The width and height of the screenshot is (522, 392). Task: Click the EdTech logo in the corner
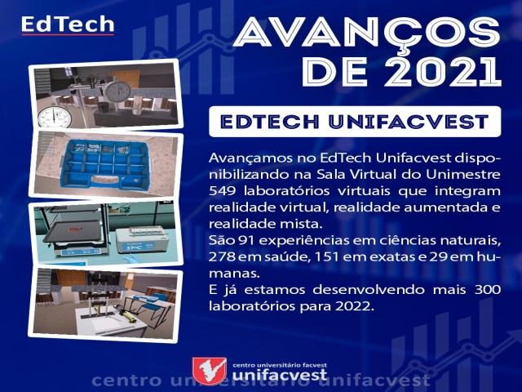68,25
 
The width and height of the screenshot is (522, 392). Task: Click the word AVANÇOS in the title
367,33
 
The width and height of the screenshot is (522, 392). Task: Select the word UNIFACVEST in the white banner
409,122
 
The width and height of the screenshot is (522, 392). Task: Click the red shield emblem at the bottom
210,371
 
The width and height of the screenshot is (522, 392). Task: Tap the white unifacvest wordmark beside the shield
280,375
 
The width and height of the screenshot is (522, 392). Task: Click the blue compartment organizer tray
107,164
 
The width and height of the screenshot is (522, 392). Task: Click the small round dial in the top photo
55,118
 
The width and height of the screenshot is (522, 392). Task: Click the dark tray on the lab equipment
72,231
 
